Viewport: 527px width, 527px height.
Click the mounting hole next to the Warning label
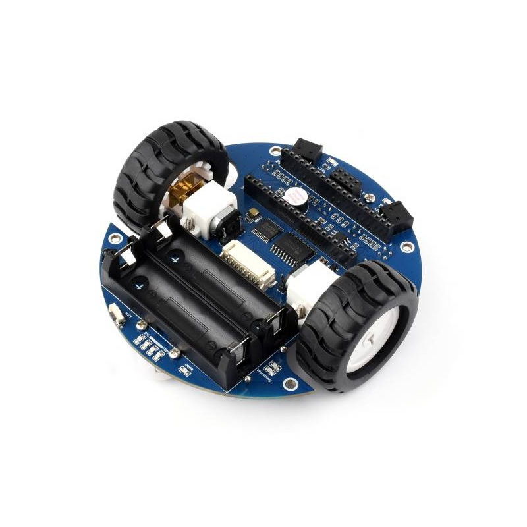(288, 384)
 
